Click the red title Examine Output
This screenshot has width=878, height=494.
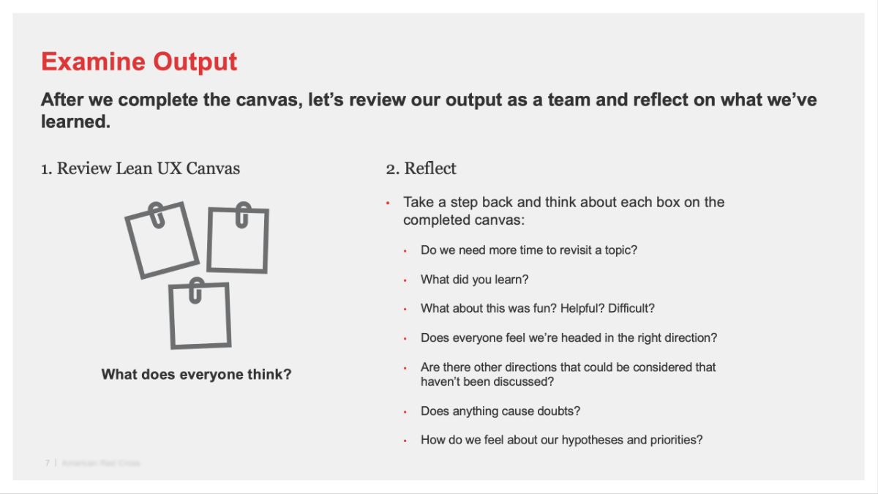(x=139, y=61)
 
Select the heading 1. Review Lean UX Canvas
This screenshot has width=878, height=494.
(x=140, y=168)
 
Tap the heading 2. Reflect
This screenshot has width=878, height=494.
(x=421, y=168)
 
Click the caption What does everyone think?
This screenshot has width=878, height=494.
(x=196, y=375)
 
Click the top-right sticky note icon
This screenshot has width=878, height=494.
(x=238, y=241)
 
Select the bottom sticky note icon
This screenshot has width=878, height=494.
(x=200, y=315)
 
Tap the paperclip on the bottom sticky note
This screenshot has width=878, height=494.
(x=195, y=289)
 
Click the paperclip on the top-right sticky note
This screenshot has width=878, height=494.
(x=242, y=214)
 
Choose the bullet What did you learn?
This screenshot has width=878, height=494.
(x=474, y=280)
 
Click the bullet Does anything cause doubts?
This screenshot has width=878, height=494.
(x=500, y=411)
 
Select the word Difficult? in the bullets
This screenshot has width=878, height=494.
(x=631, y=309)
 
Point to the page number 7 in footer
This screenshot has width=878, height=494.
(x=48, y=463)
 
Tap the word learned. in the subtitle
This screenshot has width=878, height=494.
(x=75, y=121)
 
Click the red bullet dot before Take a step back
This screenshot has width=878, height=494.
(x=388, y=203)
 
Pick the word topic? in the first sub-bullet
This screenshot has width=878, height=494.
(x=620, y=250)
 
